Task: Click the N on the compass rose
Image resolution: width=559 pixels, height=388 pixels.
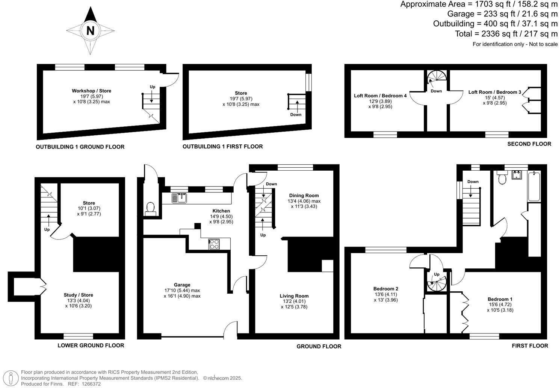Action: pyautogui.click(x=90, y=30)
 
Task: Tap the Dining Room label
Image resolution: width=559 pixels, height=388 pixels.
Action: pyautogui.click(x=304, y=196)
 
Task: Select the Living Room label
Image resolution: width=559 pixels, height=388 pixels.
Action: pyautogui.click(x=294, y=296)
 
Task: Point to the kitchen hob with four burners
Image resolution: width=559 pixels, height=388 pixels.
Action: pyautogui.click(x=214, y=244)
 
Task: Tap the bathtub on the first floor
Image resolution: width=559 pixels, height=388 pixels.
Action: pyautogui.click(x=533, y=186)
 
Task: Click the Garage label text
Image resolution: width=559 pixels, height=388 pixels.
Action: pyautogui.click(x=182, y=285)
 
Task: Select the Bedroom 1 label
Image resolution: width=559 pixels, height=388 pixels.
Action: pyautogui.click(x=500, y=299)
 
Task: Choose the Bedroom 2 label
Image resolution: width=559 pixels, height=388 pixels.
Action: pyautogui.click(x=386, y=289)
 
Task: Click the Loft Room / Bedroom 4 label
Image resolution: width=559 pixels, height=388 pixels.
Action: pyautogui.click(x=380, y=96)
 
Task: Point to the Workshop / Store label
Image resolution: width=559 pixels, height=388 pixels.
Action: pyautogui.click(x=91, y=91)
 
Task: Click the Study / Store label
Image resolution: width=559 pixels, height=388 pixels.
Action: pyautogui.click(x=78, y=295)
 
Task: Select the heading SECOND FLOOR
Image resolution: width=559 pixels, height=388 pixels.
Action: pyautogui.click(x=529, y=144)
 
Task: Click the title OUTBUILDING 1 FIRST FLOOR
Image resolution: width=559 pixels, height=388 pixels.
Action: pyautogui.click(x=222, y=147)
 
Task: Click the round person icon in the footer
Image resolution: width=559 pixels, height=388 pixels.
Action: pyautogui.click(x=13, y=377)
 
